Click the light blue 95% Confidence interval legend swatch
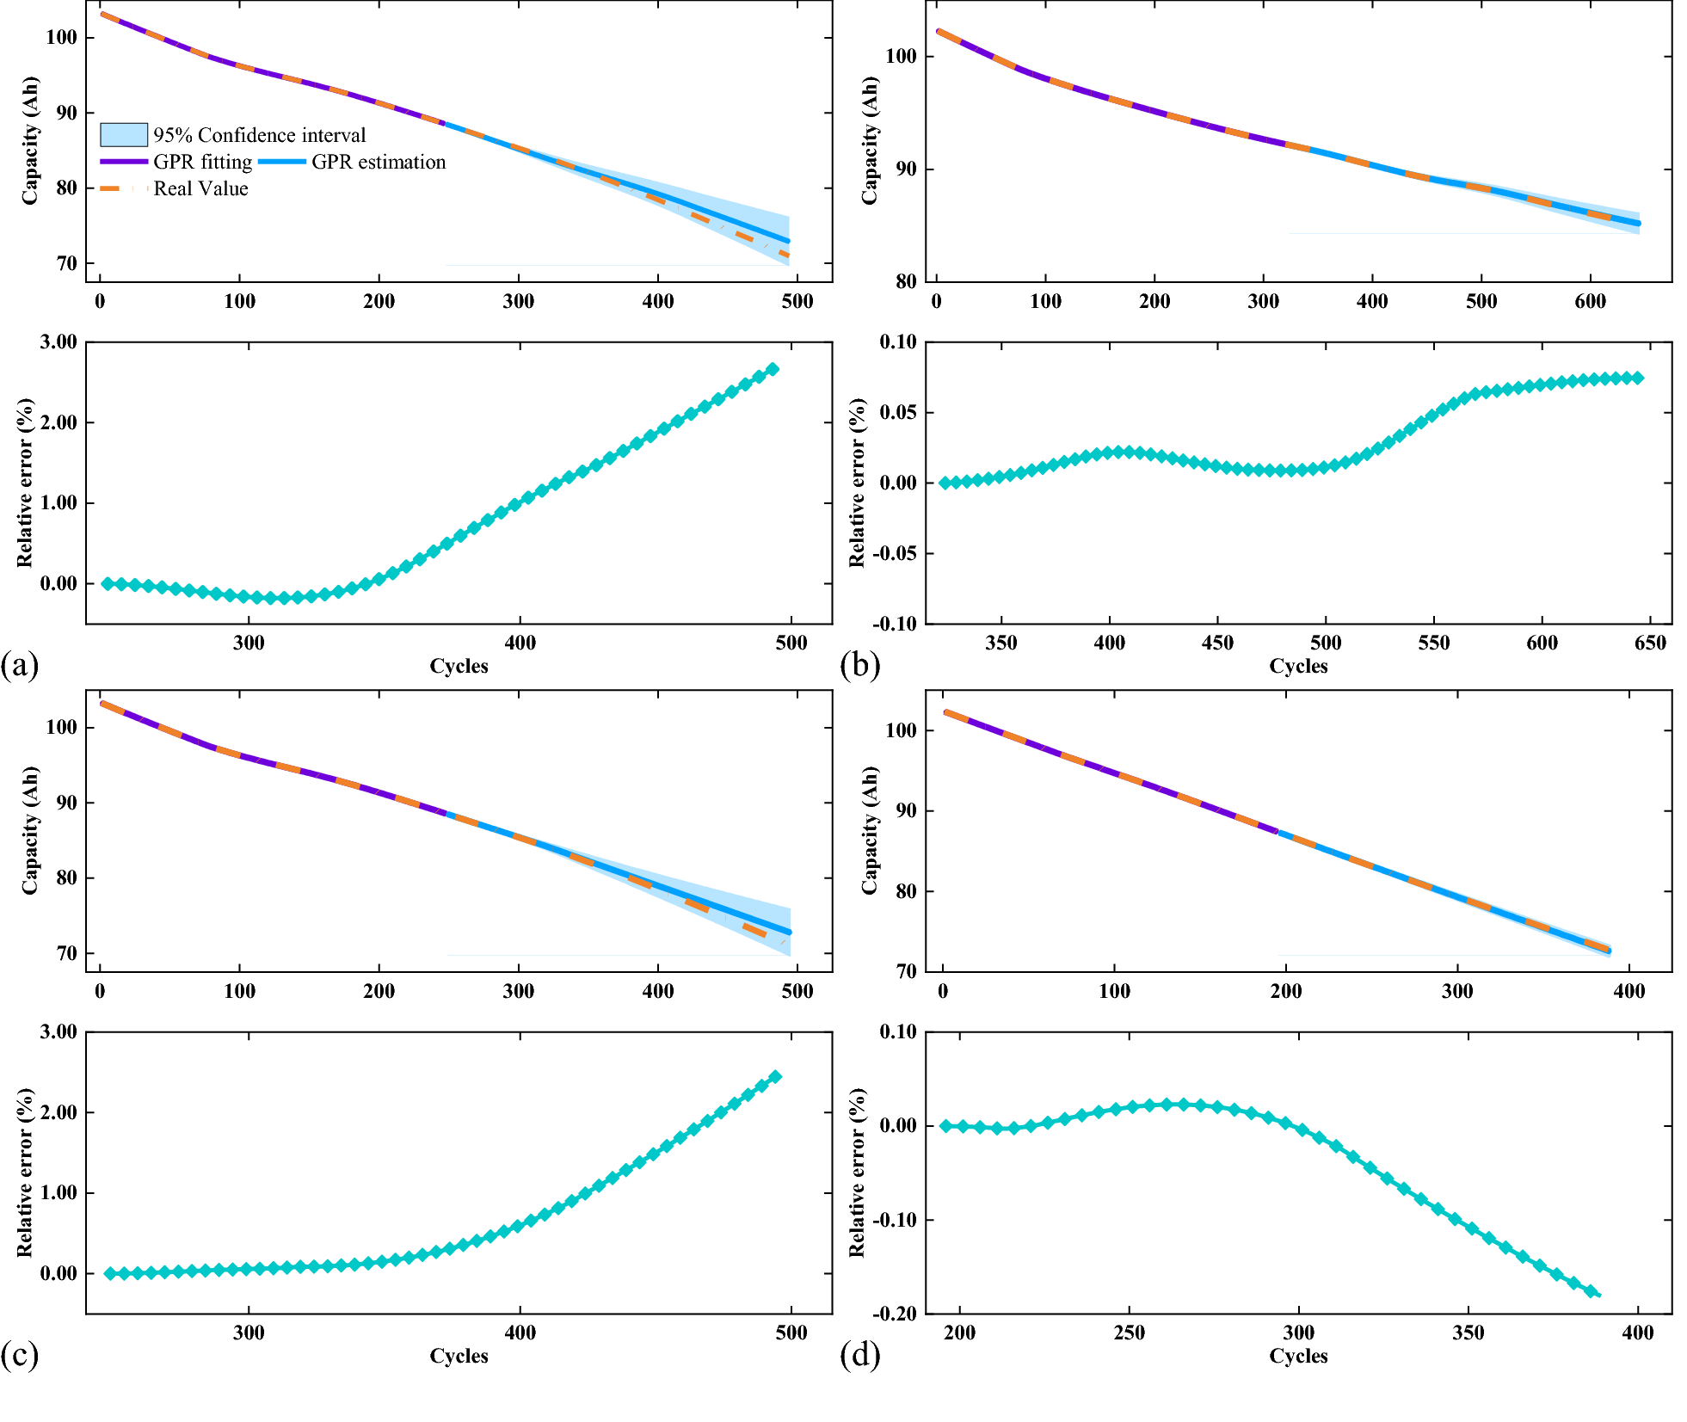pyautogui.click(x=124, y=135)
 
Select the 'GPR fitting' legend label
pyautogui.click(x=203, y=162)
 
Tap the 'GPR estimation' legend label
pyautogui.click(x=379, y=162)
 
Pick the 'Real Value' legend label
pyautogui.click(x=200, y=188)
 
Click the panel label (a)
pyautogui.click(x=20, y=665)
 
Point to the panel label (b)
pyautogui.click(x=859, y=665)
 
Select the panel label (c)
pyautogui.click(x=20, y=1355)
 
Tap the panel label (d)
pyautogui.click(x=859, y=1355)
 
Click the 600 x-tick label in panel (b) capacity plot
pyautogui.click(x=1591, y=301)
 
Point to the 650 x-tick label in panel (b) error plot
pyautogui.click(x=1650, y=643)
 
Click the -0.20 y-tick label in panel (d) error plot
pyautogui.click(x=895, y=1314)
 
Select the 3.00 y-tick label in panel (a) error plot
pyautogui.click(x=58, y=342)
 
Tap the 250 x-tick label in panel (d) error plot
pyautogui.click(x=1129, y=1333)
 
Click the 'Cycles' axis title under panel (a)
pyautogui.click(x=459, y=666)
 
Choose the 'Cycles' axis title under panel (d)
pyautogui.click(x=1298, y=1356)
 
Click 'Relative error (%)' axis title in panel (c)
pyautogui.click(x=24, y=1173)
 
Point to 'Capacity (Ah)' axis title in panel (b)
pyautogui.click(x=870, y=140)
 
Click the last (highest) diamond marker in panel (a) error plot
pyautogui.click(x=773, y=369)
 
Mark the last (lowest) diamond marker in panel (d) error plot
pyautogui.click(x=1592, y=1291)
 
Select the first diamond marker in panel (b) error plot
pyautogui.click(x=945, y=483)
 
